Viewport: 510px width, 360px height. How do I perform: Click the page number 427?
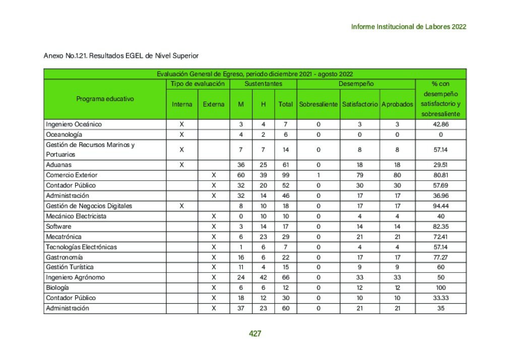[x=255, y=333]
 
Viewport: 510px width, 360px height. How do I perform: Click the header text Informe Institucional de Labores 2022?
[x=408, y=27]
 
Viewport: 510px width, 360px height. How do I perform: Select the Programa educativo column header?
[x=105, y=99]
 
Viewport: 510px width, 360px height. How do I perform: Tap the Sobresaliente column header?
[x=318, y=104]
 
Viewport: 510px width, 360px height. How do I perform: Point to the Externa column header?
[x=214, y=104]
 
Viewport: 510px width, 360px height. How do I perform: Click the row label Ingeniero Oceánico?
[x=74, y=124]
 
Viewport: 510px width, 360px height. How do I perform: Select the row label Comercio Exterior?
[x=72, y=175]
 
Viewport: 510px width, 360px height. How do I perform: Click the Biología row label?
[x=57, y=287]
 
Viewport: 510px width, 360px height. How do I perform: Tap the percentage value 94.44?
[x=440, y=206]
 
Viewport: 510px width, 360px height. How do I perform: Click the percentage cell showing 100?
[x=440, y=287]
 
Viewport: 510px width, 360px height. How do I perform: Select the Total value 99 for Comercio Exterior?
[x=285, y=175]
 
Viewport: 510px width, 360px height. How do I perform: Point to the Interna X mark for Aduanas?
[x=181, y=165]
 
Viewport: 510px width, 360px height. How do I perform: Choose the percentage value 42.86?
[x=440, y=124]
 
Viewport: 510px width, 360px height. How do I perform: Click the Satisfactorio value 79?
[x=359, y=175]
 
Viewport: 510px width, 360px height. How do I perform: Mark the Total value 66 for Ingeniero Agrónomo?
[x=285, y=277]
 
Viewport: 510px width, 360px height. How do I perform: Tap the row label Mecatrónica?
[x=63, y=237]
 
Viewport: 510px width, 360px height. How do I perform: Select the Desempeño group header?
[x=356, y=84]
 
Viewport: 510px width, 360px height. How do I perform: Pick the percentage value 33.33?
[x=440, y=298]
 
